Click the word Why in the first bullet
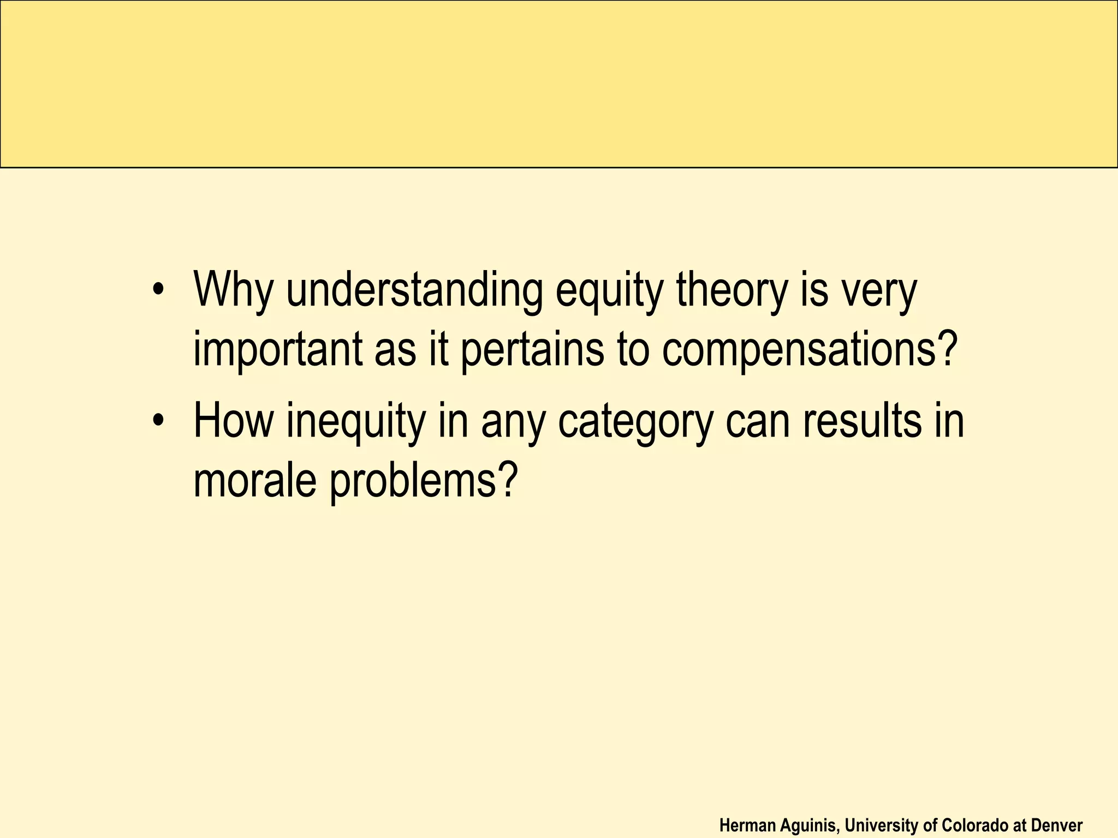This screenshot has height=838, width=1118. [233, 289]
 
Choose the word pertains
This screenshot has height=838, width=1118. [532, 349]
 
